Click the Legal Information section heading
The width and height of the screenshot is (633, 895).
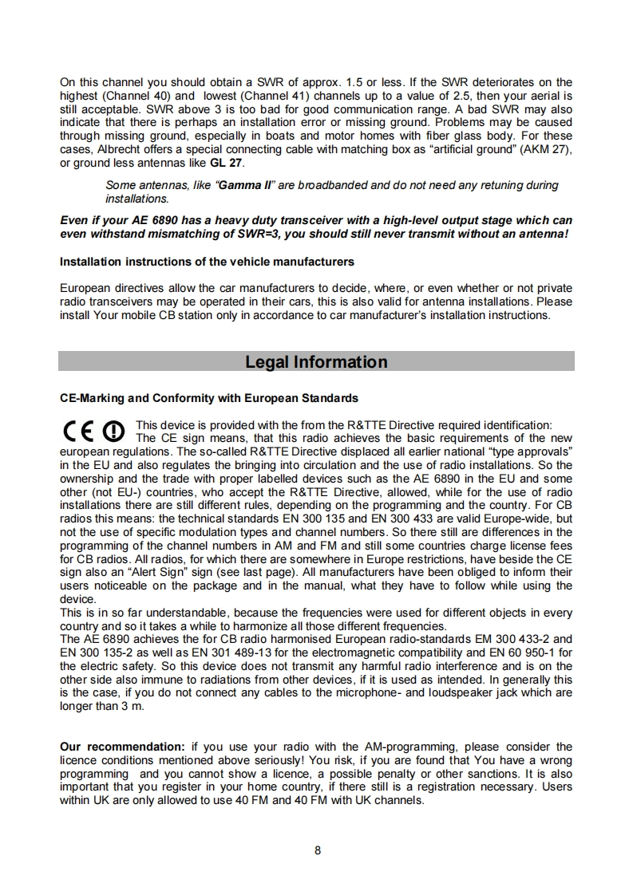[x=316, y=362]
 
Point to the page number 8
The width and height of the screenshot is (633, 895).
[x=317, y=850]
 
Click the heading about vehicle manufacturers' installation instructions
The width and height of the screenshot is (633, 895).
[x=207, y=262]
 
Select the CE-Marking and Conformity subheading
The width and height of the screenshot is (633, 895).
[x=209, y=398]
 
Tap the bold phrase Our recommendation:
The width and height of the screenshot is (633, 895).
[x=123, y=747]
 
